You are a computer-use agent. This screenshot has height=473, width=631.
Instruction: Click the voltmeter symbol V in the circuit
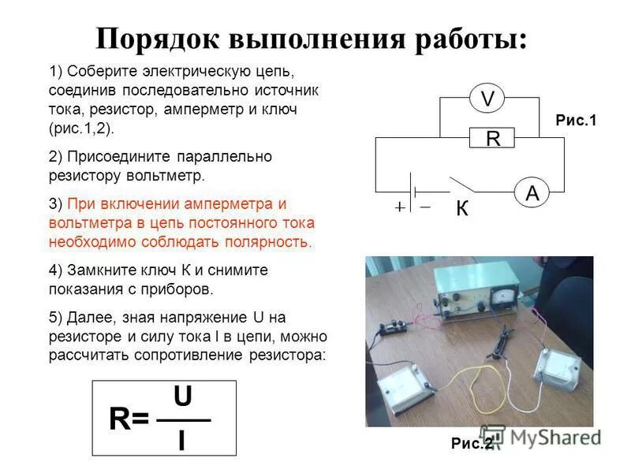pos(487,99)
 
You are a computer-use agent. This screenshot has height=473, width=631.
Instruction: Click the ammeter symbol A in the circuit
pos(532,193)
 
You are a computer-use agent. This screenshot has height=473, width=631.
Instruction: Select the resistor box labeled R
pos(492,139)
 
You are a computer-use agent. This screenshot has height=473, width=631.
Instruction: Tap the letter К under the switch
pos(462,209)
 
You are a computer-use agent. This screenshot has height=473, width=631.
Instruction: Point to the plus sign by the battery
pos(400,207)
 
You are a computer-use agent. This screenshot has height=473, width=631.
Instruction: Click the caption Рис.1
pos(577,121)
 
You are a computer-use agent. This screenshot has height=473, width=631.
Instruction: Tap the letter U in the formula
pos(182,398)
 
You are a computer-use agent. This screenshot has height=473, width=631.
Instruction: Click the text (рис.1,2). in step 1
pos(81,128)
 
